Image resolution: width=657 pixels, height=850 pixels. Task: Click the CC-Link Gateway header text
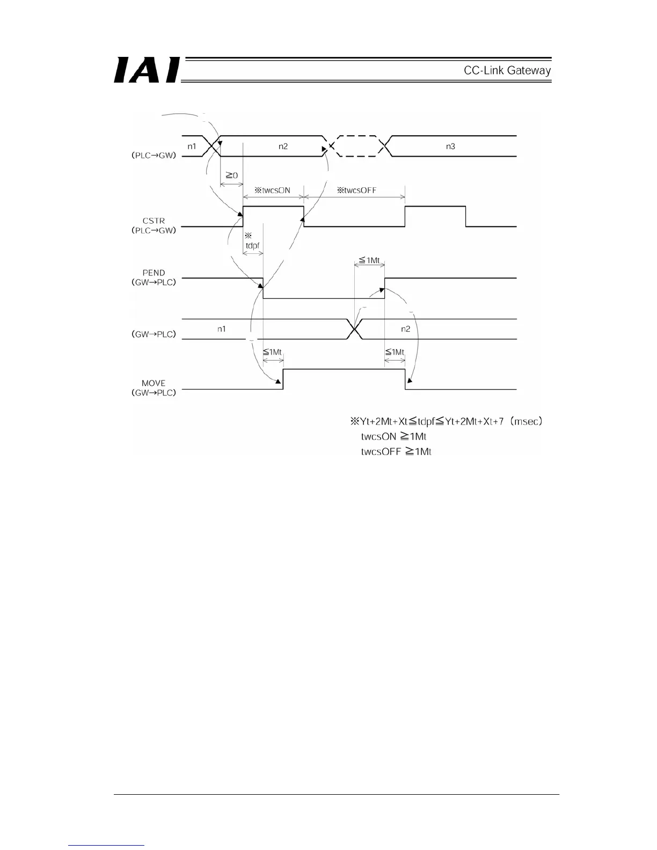click(x=507, y=70)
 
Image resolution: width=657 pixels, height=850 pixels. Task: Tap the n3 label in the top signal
click(x=451, y=146)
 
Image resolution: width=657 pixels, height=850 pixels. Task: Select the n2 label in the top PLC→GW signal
click(x=283, y=146)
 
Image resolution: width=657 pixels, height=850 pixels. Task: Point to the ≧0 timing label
click(x=231, y=175)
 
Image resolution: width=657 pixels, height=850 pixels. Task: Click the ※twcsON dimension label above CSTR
click(x=273, y=190)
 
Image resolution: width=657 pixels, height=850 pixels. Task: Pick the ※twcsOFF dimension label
click(x=356, y=190)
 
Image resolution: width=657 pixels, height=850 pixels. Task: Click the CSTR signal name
click(x=154, y=221)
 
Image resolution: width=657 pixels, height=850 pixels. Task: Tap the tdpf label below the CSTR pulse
click(x=252, y=245)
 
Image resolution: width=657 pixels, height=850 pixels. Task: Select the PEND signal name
click(x=154, y=273)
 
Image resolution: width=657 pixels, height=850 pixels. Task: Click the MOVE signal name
click(x=154, y=383)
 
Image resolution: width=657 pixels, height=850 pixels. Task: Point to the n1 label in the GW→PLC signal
click(x=221, y=329)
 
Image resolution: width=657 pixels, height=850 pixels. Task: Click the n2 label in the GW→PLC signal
click(x=406, y=329)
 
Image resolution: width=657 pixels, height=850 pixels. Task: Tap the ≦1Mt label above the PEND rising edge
click(x=369, y=261)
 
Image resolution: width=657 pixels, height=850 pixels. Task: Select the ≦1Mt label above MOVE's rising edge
click(x=273, y=352)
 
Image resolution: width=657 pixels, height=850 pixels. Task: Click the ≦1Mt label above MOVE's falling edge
click(x=395, y=352)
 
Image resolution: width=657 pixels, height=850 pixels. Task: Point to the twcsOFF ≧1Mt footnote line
click(x=396, y=451)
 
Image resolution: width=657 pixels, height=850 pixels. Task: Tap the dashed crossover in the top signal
click(x=354, y=146)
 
